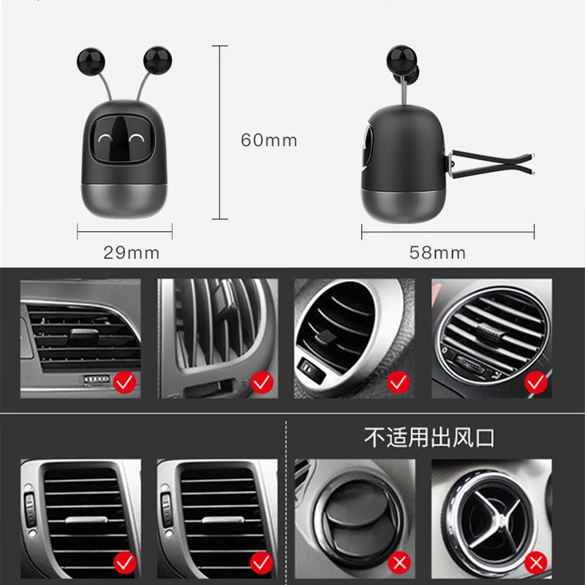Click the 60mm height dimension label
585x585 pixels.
click(269, 140)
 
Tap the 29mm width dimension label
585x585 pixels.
click(131, 253)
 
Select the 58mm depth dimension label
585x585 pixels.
click(437, 253)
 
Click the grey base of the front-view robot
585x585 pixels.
click(121, 200)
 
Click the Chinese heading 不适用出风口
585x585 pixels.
click(430, 438)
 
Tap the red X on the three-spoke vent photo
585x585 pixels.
click(537, 562)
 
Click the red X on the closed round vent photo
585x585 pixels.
click(399, 562)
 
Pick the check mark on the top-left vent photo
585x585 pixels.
click(125, 381)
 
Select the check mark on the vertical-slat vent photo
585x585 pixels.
click(261, 381)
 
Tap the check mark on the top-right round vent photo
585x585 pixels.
click(535, 381)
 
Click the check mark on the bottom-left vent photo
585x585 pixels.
click(125, 562)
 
